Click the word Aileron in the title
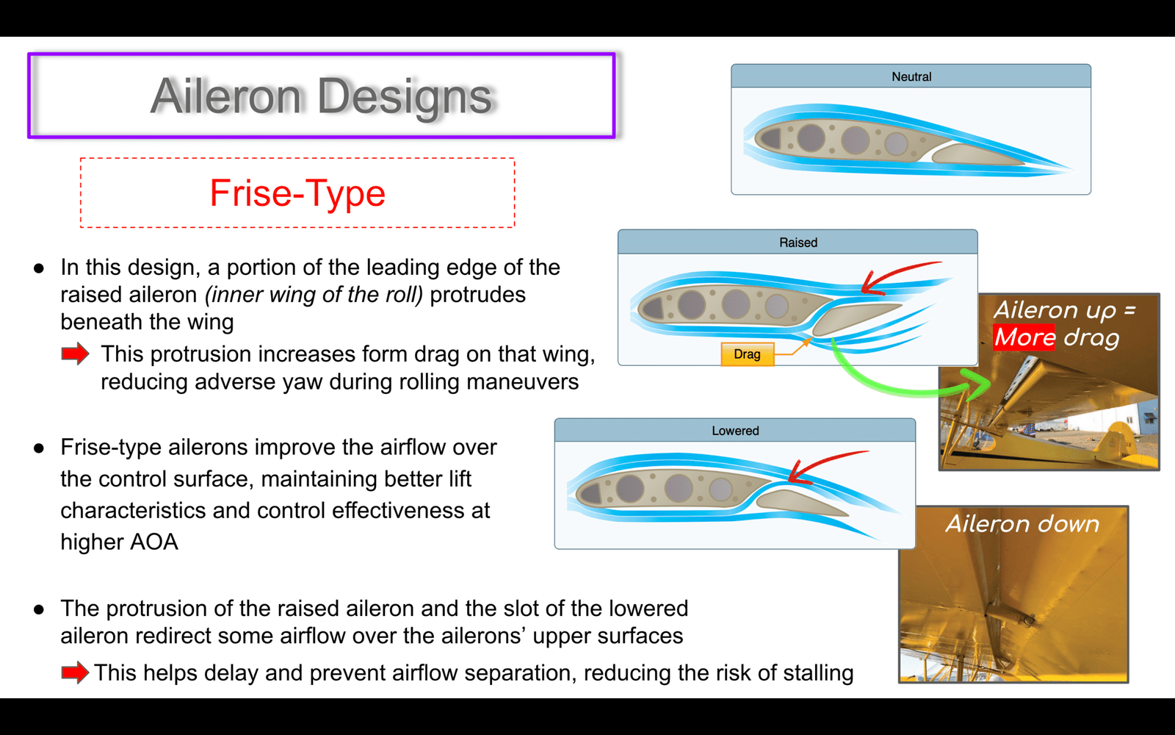pyautogui.click(x=225, y=96)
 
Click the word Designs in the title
pyautogui.click(x=405, y=98)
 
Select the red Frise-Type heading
pyautogui.click(x=297, y=193)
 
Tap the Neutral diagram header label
pyautogui.click(x=911, y=76)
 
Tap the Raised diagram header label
pyautogui.click(x=798, y=243)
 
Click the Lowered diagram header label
pyautogui.click(x=735, y=431)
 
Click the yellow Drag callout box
pyautogui.click(x=748, y=354)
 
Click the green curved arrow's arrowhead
pyautogui.click(x=977, y=384)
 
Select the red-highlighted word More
pyautogui.click(x=1024, y=337)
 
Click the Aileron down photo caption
pyautogui.click(x=1022, y=524)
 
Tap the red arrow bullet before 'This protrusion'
pyautogui.click(x=75, y=354)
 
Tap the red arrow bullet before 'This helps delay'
pyautogui.click(x=75, y=673)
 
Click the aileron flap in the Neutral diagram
pyautogui.click(x=977, y=155)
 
